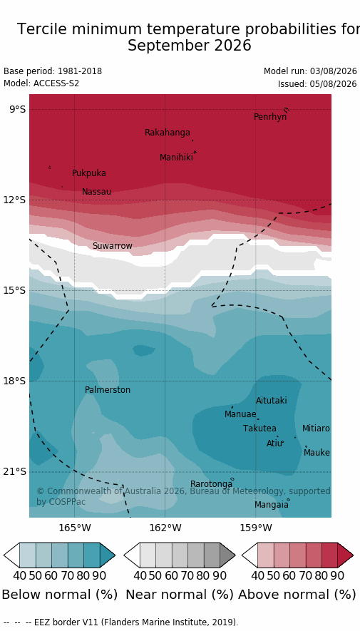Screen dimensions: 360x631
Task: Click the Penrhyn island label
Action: (270, 117)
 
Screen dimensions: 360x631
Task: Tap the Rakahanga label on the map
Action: (168, 133)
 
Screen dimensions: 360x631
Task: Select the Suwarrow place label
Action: (112, 245)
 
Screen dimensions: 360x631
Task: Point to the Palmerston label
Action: (108, 390)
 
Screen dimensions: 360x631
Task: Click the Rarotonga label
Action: (212, 483)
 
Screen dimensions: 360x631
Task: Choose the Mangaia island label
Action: (271, 504)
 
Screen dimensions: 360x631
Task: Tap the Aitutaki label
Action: (272, 401)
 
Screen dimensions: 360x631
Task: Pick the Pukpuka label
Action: (89, 173)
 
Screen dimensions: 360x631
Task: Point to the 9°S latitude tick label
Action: (17, 110)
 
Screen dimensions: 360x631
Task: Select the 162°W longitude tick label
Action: (165, 527)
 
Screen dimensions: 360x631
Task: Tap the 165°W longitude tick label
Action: (74, 527)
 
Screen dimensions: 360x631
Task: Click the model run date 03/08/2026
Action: (333, 71)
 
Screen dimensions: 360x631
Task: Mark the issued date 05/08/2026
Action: (333, 84)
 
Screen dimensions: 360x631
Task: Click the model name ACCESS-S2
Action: (56, 83)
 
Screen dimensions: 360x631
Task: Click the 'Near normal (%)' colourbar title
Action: (180, 594)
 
